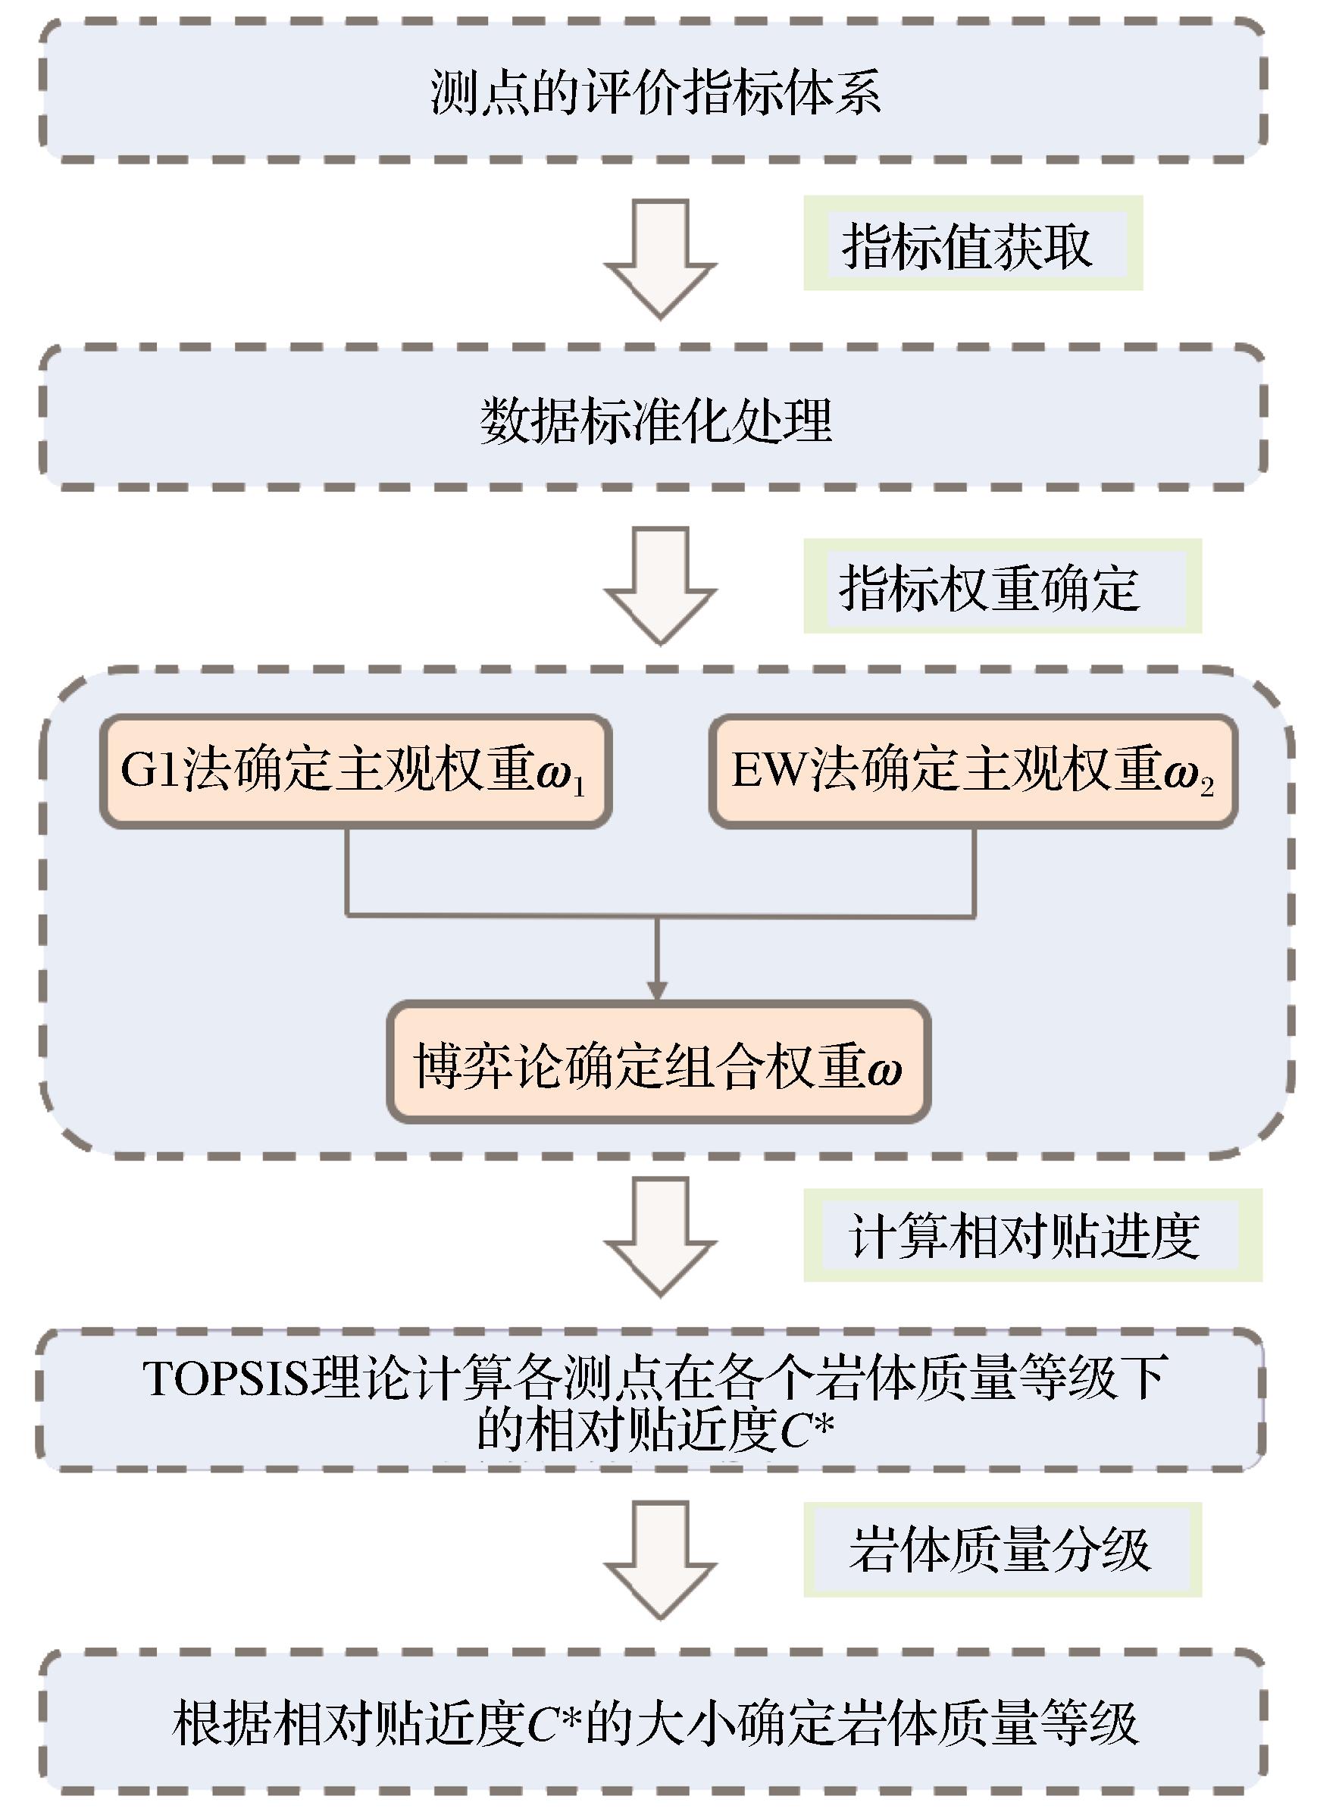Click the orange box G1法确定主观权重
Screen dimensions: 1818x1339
355,771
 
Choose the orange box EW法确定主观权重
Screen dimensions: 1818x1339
973,771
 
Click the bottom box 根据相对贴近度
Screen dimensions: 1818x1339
653,1723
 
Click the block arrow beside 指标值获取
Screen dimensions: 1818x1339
661,259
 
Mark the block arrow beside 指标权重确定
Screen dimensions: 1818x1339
661,587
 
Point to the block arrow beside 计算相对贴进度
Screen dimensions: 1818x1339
661,1237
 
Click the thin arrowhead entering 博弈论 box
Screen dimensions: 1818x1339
657,992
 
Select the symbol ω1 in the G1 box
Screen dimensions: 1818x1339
561,776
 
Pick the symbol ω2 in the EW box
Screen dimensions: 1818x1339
1189,776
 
